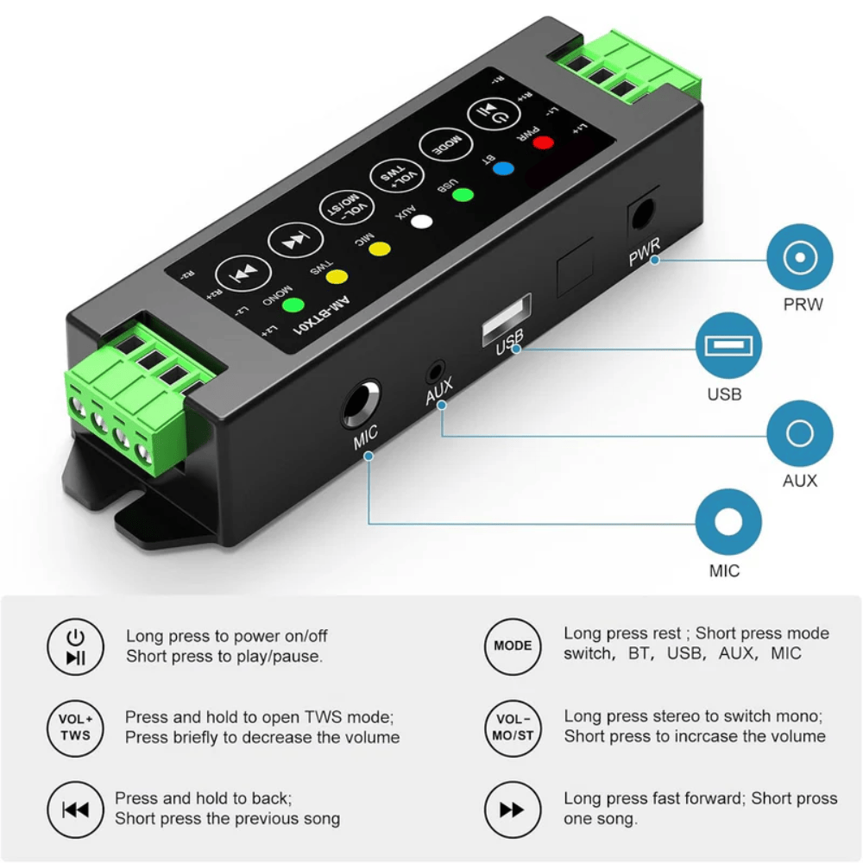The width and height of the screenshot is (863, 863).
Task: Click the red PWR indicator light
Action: coord(542,142)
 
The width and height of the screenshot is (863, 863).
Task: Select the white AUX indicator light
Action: coord(421,220)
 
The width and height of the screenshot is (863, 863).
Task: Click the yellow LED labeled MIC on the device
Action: coord(380,249)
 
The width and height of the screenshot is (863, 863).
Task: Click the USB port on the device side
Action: coord(507,320)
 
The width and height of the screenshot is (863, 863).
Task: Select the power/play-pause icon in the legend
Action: coord(76,647)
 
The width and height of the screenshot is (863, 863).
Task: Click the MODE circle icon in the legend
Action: coord(513,646)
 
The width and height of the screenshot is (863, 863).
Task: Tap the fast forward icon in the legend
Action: coord(513,809)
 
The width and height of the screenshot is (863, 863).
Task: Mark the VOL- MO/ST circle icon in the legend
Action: coord(513,727)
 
